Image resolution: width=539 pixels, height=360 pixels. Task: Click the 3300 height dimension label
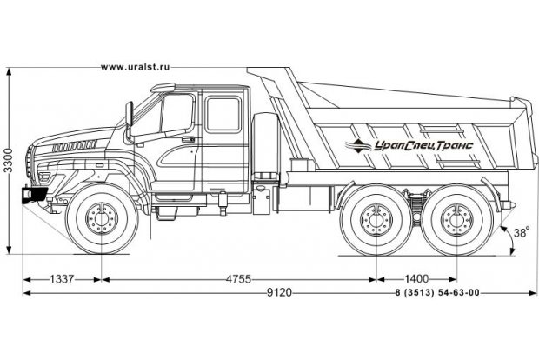[x=8, y=163]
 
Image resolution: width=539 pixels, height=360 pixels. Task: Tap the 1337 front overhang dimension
[x=62, y=279]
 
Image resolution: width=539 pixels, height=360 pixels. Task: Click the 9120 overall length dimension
[x=278, y=293]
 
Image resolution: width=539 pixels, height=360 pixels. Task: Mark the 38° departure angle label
[x=520, y=233]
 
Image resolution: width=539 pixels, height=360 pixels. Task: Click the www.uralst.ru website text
[x=135, y=67]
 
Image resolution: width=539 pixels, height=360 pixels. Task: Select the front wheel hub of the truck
[x=103, y=218]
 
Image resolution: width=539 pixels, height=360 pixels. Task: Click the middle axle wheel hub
[x=377, y=218]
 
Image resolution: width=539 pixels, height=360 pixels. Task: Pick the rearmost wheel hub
[x=458, y=218]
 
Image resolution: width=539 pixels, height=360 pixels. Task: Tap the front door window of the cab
[x=177, y=117]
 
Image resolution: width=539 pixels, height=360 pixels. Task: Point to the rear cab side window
[x=223, y=113]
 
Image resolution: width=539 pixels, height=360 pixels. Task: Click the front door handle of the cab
[x=189, y=137]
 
